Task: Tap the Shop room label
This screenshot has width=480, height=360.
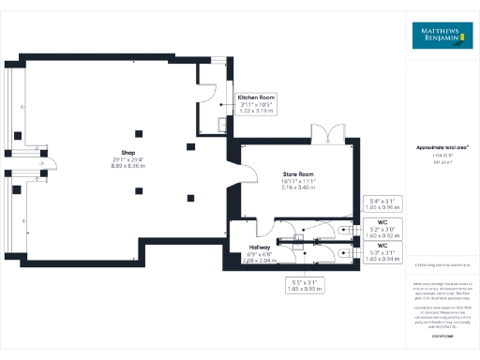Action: click(115, 152)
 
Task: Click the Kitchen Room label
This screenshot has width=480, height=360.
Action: click(255, 97)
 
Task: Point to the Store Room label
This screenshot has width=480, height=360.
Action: click(299, 174)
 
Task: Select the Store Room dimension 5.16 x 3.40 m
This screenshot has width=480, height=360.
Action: click(299, 188)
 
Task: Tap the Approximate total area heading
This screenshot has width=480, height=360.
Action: click(442, 148)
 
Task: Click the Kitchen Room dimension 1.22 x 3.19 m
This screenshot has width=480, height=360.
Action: click(255, 111)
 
